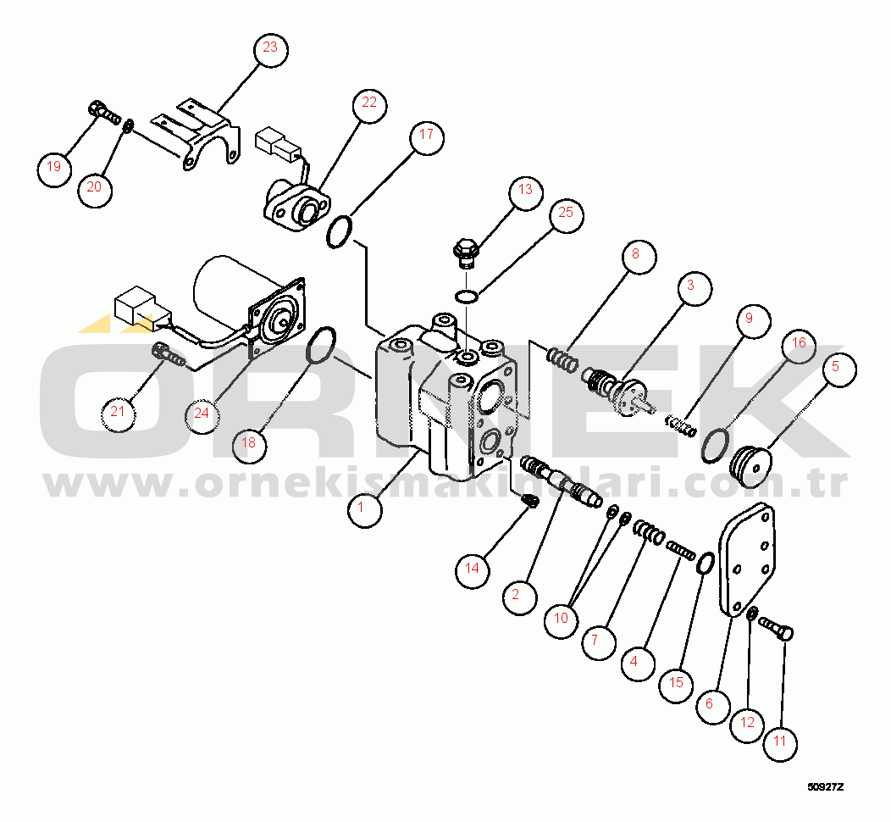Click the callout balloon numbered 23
click(270, 49)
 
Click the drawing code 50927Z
click(826, 787)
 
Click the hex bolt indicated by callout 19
click(104, 114)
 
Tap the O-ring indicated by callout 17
click(340, 232)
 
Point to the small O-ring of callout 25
click(467, 296)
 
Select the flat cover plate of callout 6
click(748, 560)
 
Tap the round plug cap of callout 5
click(750, 467)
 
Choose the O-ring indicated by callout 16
click(715, 446)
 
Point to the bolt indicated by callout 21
click(169, 355)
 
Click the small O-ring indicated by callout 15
click(705, 564)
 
